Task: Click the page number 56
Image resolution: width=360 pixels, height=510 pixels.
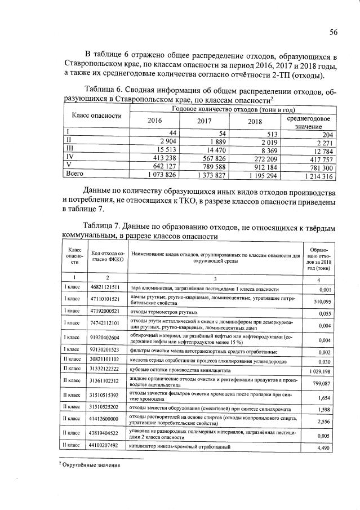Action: click(333, 33)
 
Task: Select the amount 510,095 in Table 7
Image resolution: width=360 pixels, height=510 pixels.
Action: click(319, 301)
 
